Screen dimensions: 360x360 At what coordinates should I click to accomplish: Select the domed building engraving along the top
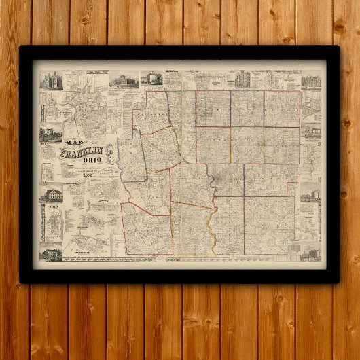pos(124,79)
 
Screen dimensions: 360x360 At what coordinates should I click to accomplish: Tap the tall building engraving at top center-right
pos(241,79)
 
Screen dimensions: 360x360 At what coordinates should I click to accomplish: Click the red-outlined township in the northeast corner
pos(282,108)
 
